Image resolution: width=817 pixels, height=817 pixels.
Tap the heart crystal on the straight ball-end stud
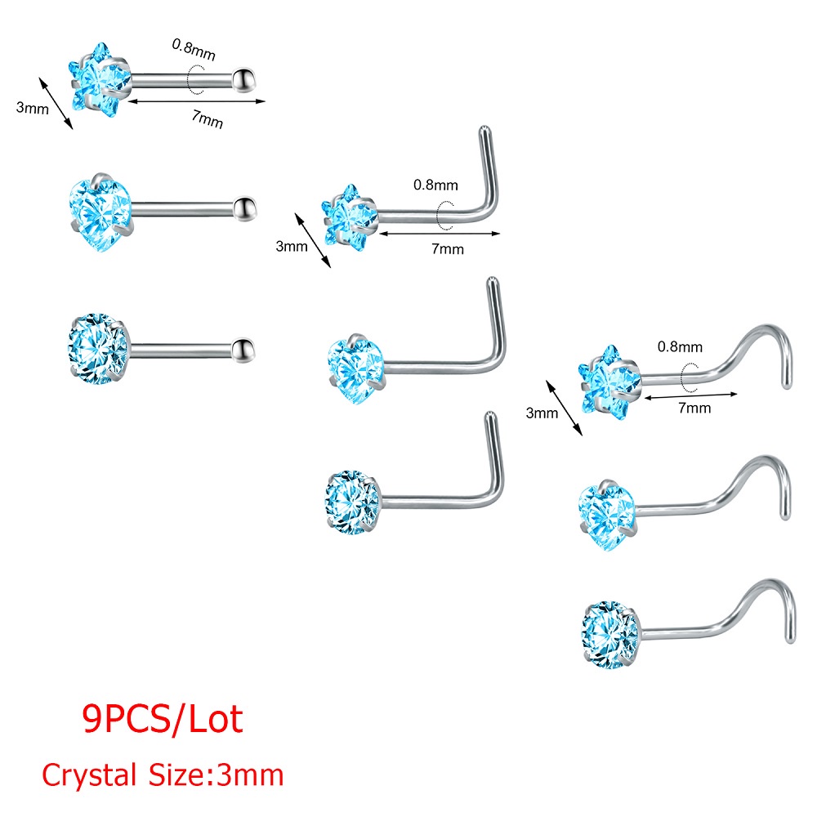tap(100, 212)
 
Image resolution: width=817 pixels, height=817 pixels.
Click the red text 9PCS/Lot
tap(163, 720)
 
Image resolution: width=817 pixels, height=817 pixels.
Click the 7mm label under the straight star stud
tap(207, 119)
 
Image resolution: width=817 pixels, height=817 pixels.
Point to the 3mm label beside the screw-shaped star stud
tap(542, 413)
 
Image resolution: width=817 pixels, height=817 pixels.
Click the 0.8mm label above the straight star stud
tap(193, 46)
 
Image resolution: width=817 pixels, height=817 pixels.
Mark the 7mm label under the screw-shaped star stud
tap(694, 407)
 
